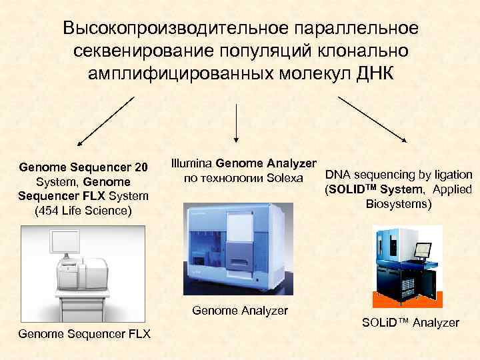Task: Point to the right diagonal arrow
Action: click(374, 119)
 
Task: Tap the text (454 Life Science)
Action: click(83, 211)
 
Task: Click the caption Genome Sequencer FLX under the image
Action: click(84, 333)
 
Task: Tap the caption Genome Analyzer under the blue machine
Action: click(240, 311)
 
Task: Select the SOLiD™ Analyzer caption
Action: click(411, 323)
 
